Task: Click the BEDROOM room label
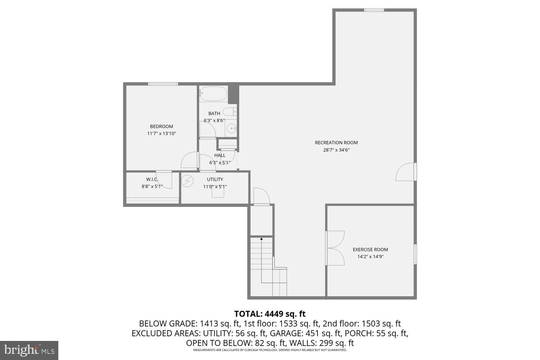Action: click(161, 126)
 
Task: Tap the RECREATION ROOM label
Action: click(336, 143)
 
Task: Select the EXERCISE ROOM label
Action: click(370, 249)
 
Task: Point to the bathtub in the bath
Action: click(213, 94)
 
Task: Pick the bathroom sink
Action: click(231, 127)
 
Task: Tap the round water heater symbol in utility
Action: click(187, 181)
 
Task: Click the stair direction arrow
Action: click(261, 238)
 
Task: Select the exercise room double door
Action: click(335, 248)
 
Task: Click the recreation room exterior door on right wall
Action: click(406, 172)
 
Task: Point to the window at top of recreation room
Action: click(374, 10)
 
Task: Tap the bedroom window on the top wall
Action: click(163, 84)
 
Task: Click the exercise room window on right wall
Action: click(415, 254)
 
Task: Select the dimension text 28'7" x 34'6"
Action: click(336, 150)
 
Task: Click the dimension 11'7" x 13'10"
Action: click(161, 134)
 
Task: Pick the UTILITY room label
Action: click(215, 179)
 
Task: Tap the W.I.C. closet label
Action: click(152, 179)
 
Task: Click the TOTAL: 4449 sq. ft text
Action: click(270, 314)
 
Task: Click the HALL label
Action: click(220, 156)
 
